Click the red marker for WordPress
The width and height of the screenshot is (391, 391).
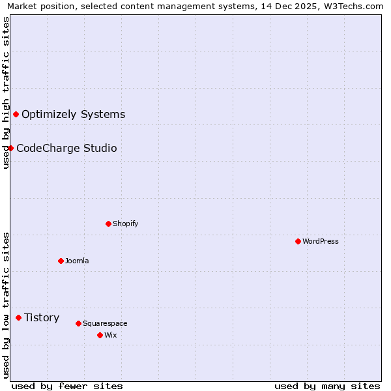pos(298,241)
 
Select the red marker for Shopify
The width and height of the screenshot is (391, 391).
pos(108,224)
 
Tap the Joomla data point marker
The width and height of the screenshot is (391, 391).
pos(61,261)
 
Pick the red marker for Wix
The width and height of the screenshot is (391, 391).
pos(100,335)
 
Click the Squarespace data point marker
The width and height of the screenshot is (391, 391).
pos(78,323)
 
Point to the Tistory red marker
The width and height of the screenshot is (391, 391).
pos(18,317)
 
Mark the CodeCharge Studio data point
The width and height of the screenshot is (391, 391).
pos(10,148)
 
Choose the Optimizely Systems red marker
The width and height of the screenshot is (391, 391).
pos(16,114)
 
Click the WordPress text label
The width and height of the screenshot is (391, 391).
pos(321,241)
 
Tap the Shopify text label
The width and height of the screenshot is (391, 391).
pos(126,224)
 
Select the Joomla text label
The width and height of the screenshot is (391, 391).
pos(77,261)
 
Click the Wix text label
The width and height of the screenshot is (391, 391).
pos(110,335)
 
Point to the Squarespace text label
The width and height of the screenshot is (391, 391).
pos(105,323)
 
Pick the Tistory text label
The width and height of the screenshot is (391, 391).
pos(42,317)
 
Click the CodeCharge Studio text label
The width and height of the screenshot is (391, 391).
pos(66,148)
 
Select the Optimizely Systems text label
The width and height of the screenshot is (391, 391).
pos(73,114)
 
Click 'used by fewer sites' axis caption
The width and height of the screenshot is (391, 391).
pos(67,386)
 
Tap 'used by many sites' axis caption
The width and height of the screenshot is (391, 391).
pos(327,386)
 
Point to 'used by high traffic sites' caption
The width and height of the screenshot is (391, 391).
pos(6,93)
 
